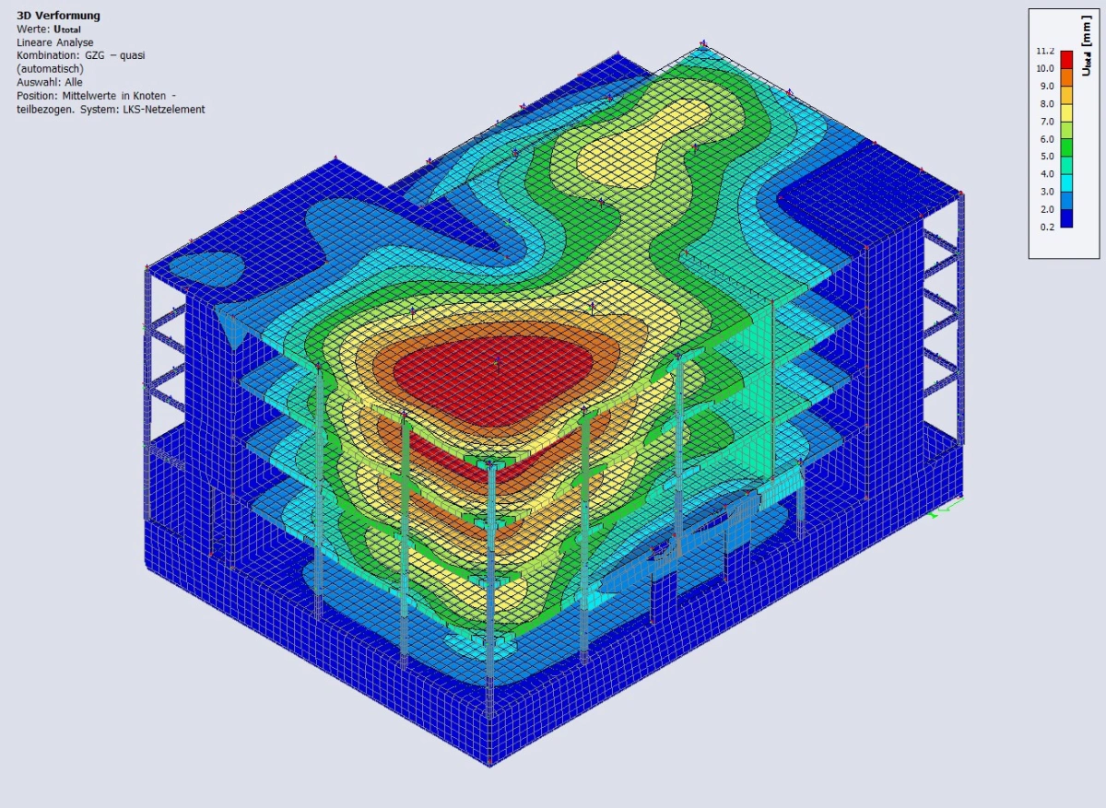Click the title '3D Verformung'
click(58, 16)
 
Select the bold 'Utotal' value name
click(67, 29)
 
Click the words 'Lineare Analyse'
click(54, 43)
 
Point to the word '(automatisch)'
click(50, 69)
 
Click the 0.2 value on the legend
click(1047, 227)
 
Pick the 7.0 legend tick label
click(1047, 122)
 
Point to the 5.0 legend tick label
click(1047, 157)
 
